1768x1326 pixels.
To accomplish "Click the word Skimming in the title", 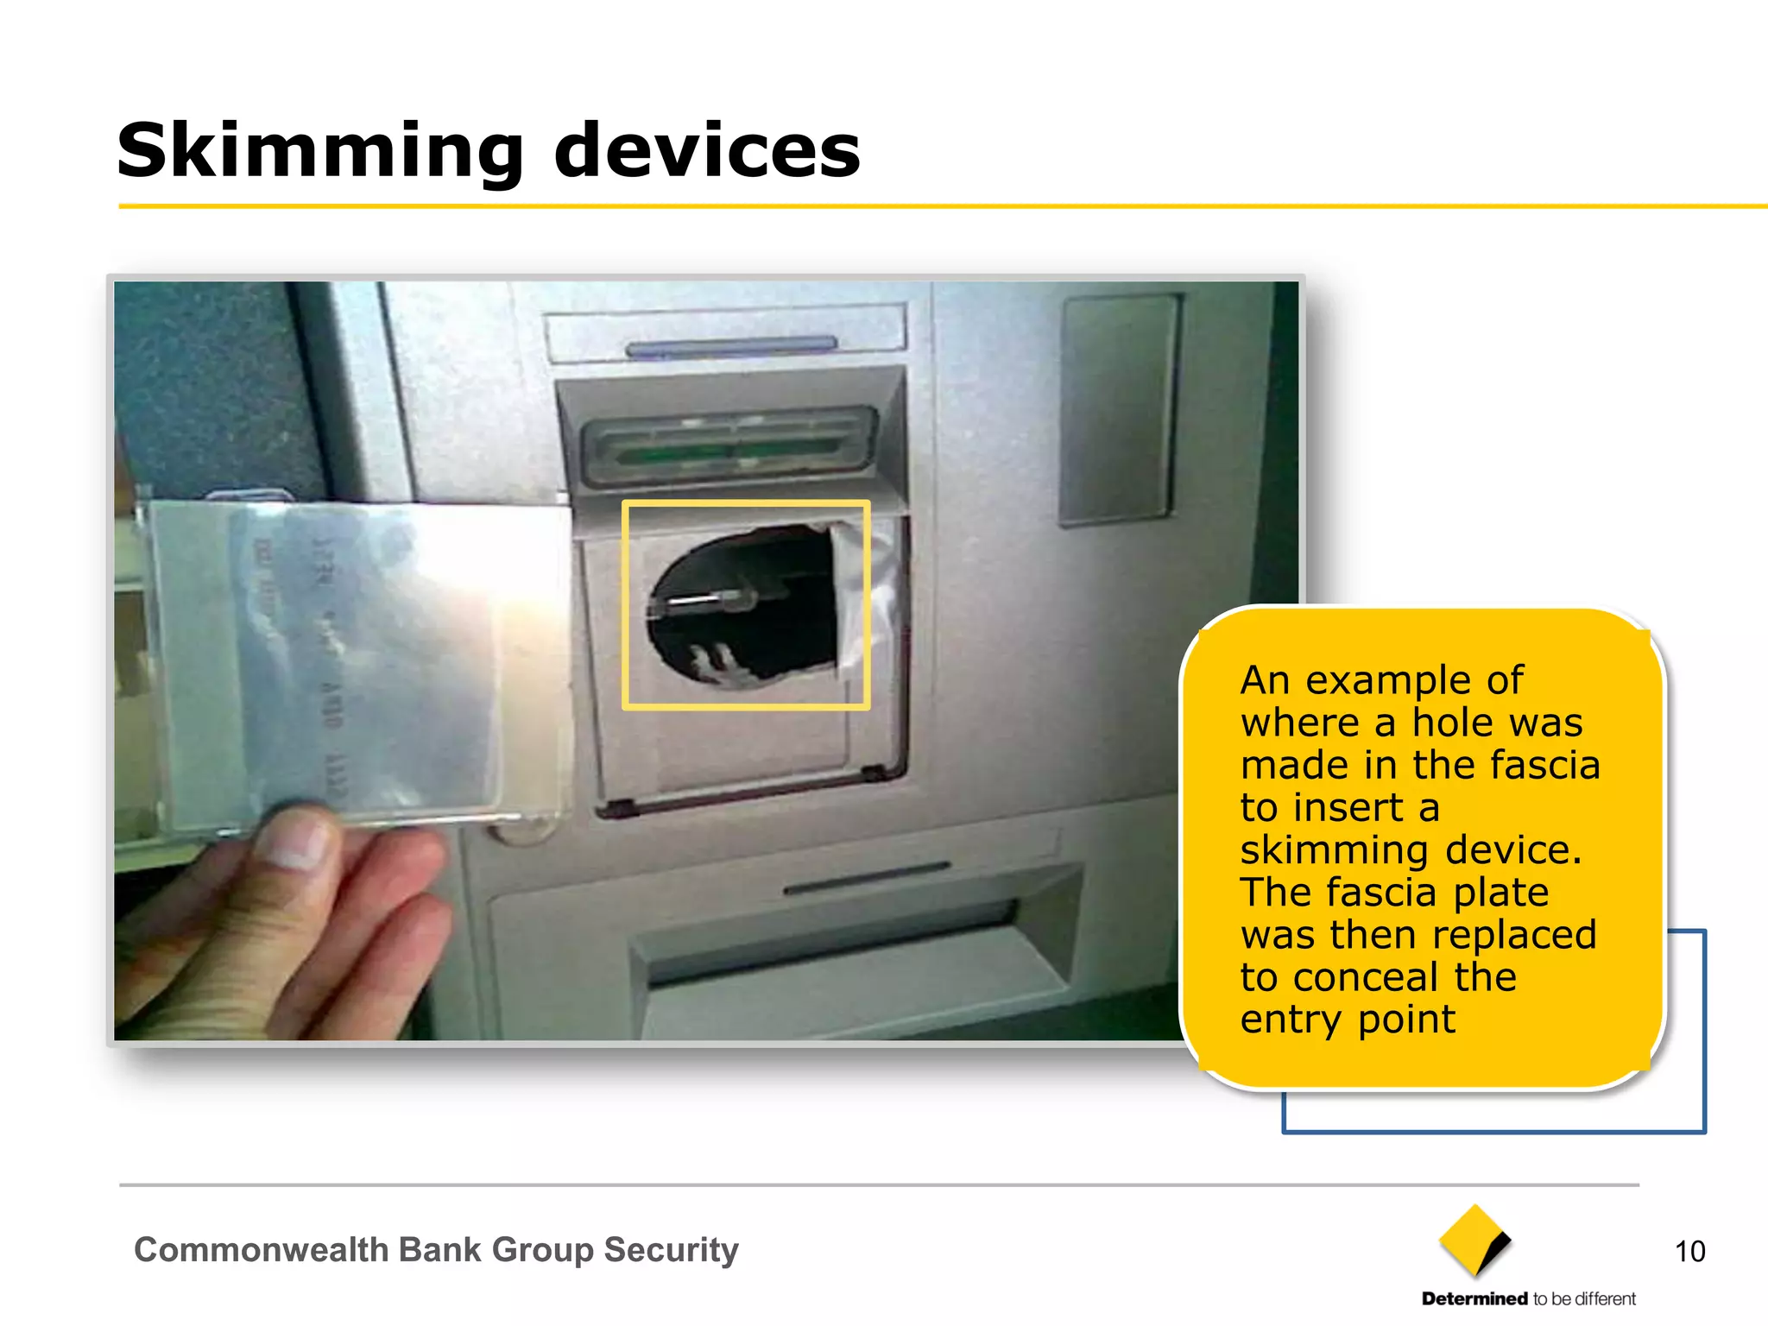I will coord(319,152).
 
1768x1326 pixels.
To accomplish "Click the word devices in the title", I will coord(706,152).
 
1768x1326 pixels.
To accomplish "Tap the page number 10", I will coord(1689,1251).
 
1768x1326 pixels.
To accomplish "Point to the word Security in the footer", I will coord(671,1249).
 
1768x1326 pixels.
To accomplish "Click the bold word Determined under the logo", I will coord(1474,1298).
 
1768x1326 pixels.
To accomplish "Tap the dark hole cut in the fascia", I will coord(742,604).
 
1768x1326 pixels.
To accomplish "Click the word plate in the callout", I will coord(1500,893).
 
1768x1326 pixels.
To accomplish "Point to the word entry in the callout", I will coord(1291,1020).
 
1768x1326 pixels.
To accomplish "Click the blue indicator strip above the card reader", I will coord(731,347).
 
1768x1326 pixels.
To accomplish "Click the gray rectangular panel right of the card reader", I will coord(1119,410).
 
